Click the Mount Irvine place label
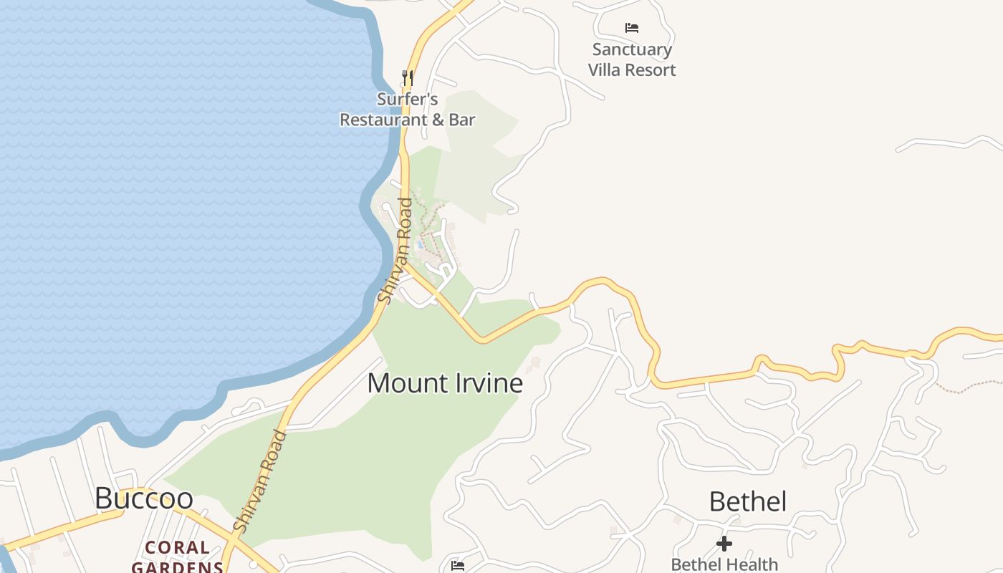pyautogui.click(x=445, y=383)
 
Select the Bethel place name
pyautogui.click(x=747, y=501)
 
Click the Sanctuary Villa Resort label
pyautogui.click(x=632, y=59)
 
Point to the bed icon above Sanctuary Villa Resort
pyautogui.click(x=631, y=28)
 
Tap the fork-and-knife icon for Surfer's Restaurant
pyautogui.click(x=407, y=77)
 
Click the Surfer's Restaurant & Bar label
pyautogui.click(x=407, y=110)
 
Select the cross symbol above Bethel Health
pyautogui.click(x=724, y=544)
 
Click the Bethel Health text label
pyautogui.click(x=724, y=564)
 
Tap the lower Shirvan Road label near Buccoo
pyautogui.click(x=260, y=481)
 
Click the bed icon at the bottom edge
pyautogui.click(x=458, y=566)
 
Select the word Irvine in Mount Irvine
pyautogui.click(x=489, y=383)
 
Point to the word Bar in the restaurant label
pyautogui.click(x=461, y=120)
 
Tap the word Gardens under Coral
pyautogui.click(x=178, y=567)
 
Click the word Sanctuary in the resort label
pyautogui.click(x=632, y=49)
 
